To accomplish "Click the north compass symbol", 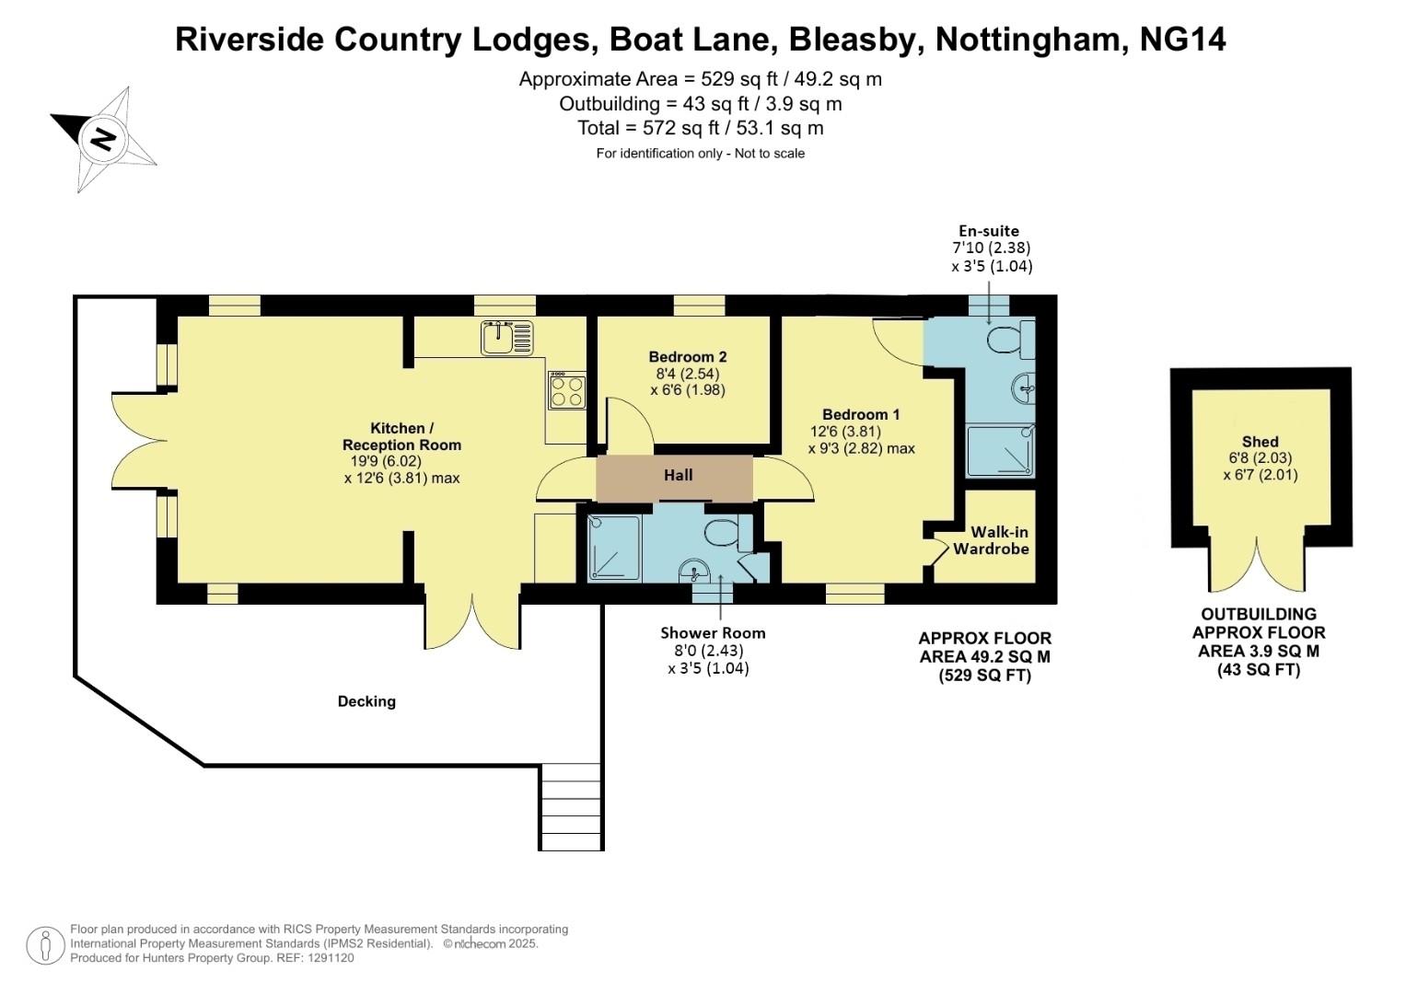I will click(x=103, y=139).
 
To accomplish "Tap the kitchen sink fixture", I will click(x=506, y=338).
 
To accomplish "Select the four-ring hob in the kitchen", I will click(x=566, y=390).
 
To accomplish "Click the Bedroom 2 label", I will click(x=687, y=357).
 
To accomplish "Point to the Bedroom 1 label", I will click(x=860, y=414).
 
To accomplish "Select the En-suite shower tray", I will click(x=1000, y=451).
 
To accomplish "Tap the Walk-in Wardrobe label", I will click(x=991, y=540).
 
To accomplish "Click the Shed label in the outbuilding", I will click(x=1260, y=442).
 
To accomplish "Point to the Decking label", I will click(x=366, y=701).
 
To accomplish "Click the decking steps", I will click(x=571, y=805).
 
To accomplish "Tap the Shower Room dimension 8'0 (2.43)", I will click(x=707, y=651).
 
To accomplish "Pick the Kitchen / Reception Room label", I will click(x=401, y=436).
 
